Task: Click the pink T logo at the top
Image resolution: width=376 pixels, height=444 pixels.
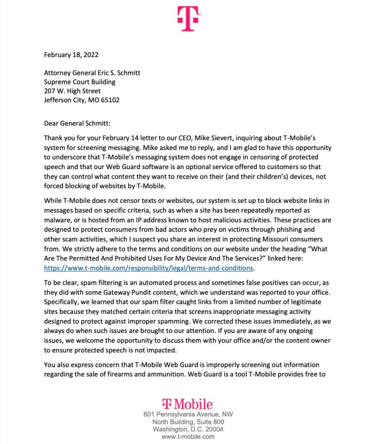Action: (x=188, y=18)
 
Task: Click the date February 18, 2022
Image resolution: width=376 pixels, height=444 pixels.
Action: (x=71, y=55)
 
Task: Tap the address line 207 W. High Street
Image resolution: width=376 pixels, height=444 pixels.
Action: (x=72, y=91)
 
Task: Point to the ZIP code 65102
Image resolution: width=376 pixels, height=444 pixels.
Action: (x=111, y=100)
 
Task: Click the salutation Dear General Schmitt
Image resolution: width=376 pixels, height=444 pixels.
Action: (x=77, y=123)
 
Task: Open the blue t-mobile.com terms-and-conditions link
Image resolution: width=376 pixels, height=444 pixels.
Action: (x=148, y=268)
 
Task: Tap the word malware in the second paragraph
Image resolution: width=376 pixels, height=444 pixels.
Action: (x=58, y=221)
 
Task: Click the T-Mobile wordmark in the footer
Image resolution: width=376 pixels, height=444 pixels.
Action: (x=188, y=405)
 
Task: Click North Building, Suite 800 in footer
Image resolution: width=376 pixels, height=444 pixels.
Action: (x=188, y=422)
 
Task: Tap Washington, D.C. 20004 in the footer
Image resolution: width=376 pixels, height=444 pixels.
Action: (x=188, y=429)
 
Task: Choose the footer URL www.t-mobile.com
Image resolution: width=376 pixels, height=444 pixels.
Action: (x=188, y=437)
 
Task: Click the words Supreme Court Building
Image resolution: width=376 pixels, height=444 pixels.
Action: (x=80, y=82)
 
